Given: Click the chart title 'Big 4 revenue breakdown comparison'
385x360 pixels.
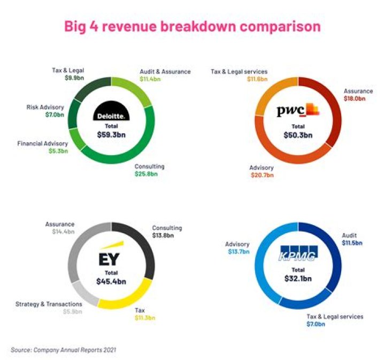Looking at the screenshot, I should coord(192,26).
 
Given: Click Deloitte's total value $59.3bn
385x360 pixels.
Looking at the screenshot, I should coord(111,135).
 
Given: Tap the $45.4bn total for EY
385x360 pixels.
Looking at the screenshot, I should coord(111,281).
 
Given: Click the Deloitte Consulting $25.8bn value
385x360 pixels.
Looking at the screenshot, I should coord(145,174).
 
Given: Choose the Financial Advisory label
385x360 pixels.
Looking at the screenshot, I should coord(43,143).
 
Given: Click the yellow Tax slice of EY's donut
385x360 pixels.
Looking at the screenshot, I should coord(131,298).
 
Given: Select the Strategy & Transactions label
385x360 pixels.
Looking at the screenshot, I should coord(49,304).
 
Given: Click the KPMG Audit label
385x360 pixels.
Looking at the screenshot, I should coord(350,235).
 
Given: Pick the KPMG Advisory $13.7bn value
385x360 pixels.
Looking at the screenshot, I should coord(238,251).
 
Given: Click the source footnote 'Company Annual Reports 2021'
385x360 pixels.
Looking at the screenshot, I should coord(63,350).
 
